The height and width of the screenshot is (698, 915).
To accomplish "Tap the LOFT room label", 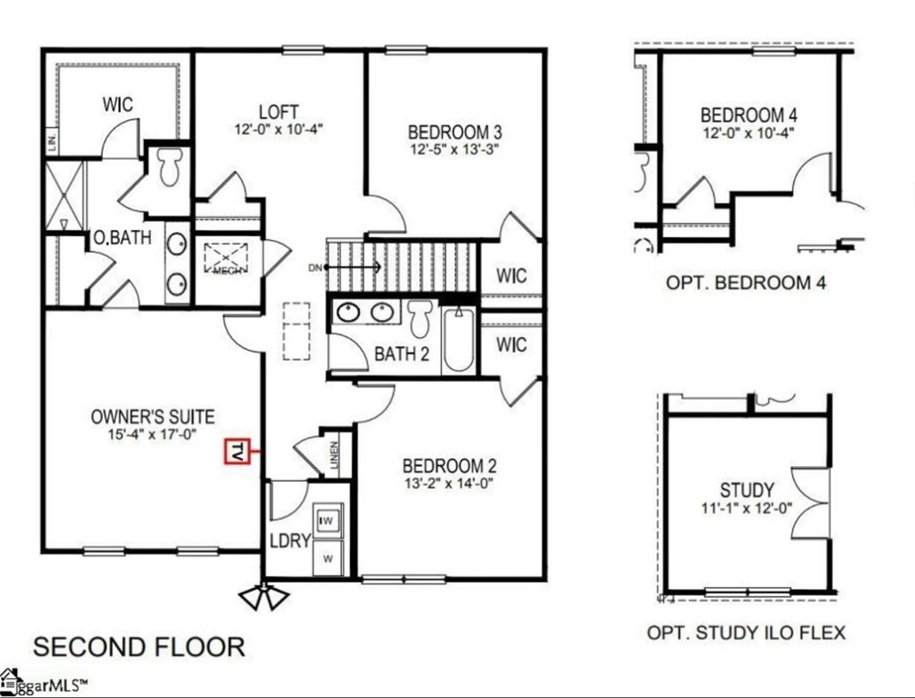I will pos(278,112).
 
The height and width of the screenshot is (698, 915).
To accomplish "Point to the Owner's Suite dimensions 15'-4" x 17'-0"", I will pos(153,434).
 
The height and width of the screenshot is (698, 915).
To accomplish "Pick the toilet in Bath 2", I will pos(419,317).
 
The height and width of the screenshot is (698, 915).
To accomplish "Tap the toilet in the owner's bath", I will pos(170,166).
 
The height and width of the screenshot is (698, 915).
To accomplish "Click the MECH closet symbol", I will pos(221,260).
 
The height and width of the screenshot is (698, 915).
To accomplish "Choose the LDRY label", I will pos(290,540).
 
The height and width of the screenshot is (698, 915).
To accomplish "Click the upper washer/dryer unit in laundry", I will pos(327,521).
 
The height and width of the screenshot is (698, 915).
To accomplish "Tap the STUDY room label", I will pos(747,491).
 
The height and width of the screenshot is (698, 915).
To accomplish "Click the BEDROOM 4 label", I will pos(749,115).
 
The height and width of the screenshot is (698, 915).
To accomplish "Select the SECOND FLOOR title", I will pos(139,647).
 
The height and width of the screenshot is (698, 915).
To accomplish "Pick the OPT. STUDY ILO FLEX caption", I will pos(746,632).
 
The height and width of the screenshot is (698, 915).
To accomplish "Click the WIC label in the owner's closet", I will pos(116,105).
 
